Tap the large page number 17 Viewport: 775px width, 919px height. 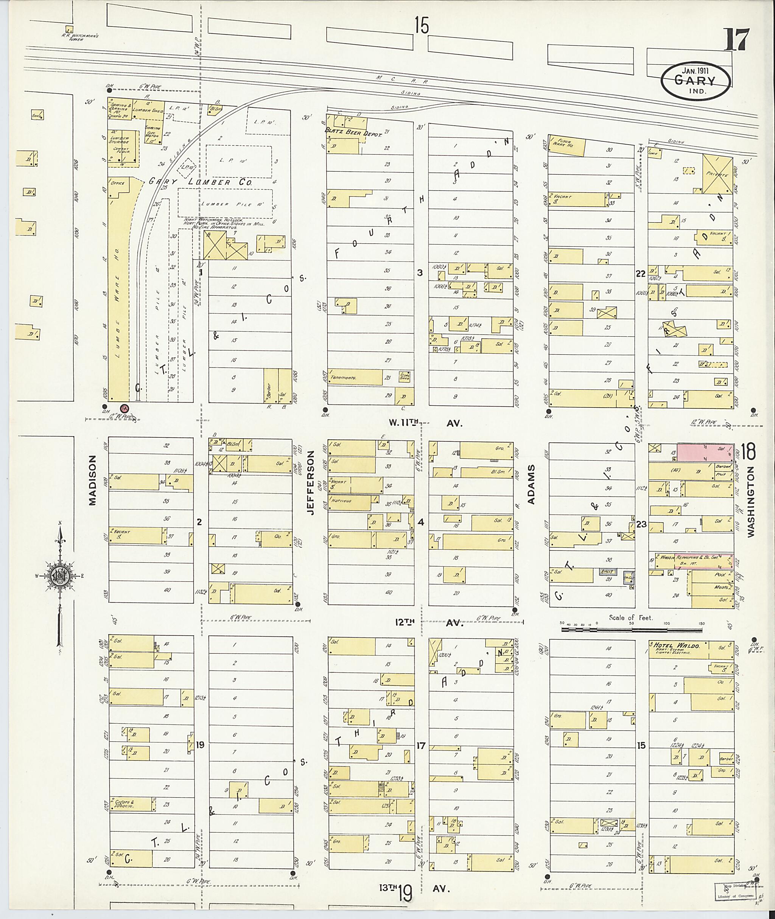(x=736, y=39)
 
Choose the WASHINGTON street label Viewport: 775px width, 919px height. (x=750, y=501)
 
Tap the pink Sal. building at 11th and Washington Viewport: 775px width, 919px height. (x=705, y=452)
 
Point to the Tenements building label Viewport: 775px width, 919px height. (x=344, y=377)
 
